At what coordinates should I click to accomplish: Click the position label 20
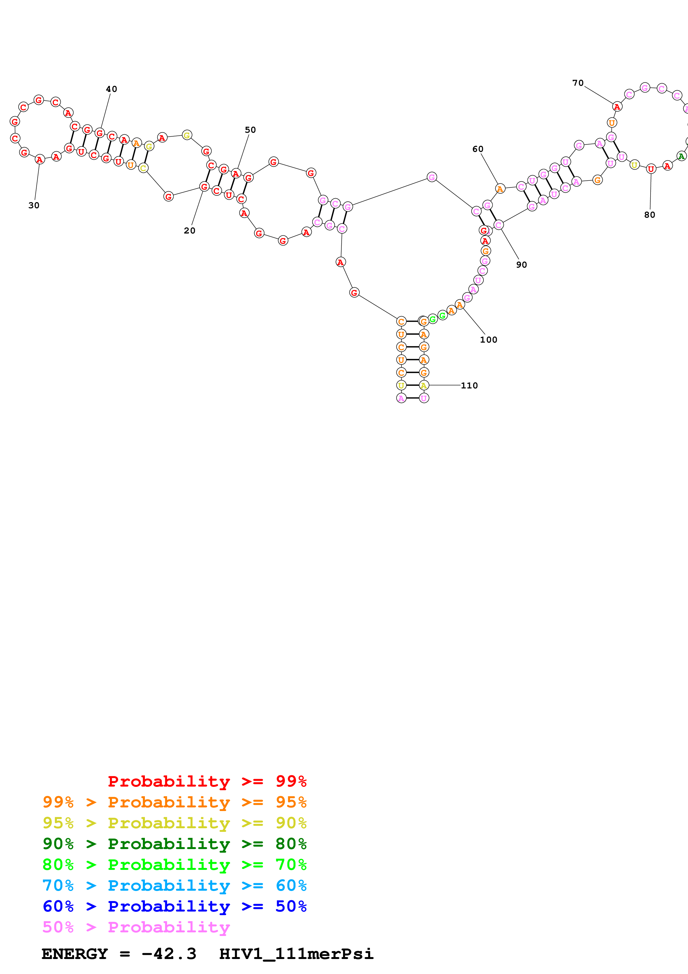(x=190, y=230)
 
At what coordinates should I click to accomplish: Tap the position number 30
(x=34, y=205)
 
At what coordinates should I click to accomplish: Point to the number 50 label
(x=251, y=130)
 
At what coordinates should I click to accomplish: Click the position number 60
(x=478, y=149)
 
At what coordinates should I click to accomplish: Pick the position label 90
(x=521, y=265)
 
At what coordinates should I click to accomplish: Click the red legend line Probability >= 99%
(x=207, y=781)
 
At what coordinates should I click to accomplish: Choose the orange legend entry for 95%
(x=175, y=802)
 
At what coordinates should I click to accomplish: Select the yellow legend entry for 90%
(x=175, y=823)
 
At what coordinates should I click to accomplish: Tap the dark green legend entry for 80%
(x=175, y=844)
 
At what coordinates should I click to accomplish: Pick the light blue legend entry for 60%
(x=175, y=885)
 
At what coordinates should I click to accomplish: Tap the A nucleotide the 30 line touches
(x=39, y=159)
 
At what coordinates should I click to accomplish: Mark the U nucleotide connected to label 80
(x=651, y=169)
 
